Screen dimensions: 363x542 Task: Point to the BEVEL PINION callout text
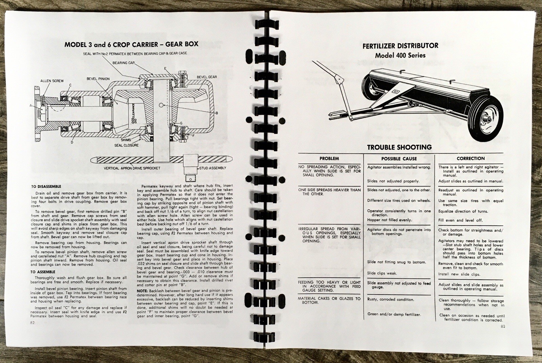98,79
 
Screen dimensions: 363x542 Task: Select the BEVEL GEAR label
207,77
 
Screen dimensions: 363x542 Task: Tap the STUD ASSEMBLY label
213,168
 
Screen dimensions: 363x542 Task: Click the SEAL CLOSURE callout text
126,145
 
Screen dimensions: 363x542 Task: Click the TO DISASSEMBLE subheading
46,186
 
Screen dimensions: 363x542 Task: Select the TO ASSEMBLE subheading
43,272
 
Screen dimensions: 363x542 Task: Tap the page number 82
33,323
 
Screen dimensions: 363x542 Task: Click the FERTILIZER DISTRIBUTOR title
400,46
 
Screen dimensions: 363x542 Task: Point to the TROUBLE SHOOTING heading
399,147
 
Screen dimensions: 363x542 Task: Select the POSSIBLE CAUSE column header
399,159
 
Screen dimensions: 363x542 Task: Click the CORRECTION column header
471,158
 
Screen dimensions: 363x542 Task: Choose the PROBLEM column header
329,158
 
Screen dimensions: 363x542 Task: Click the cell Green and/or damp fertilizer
394,314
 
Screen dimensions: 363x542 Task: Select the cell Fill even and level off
460,220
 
